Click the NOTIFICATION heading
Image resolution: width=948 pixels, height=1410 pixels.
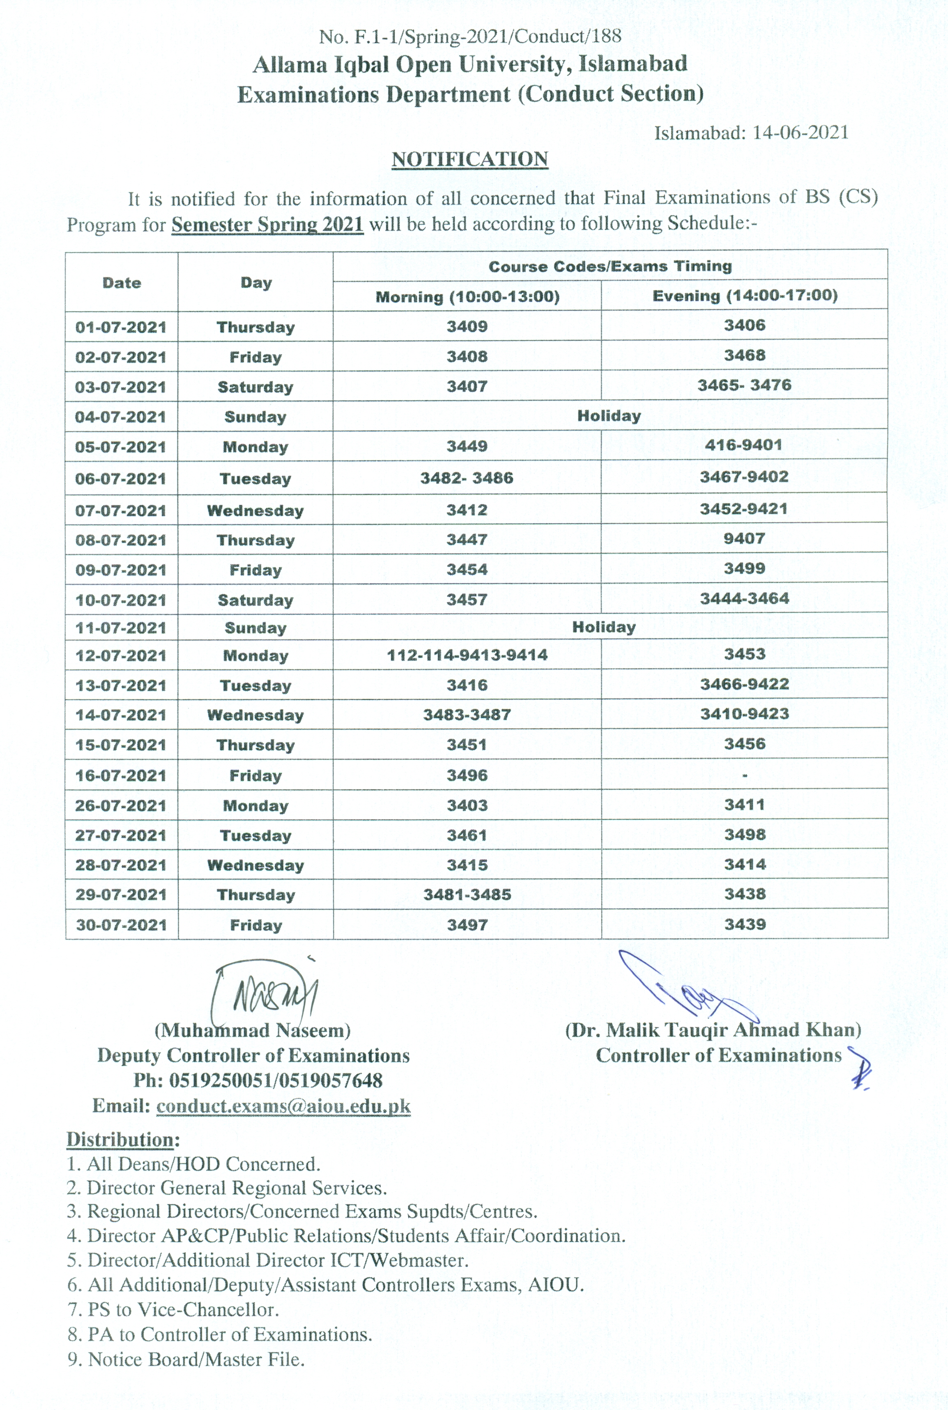(x=470, y=160)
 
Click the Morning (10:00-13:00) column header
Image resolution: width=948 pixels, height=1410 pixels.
(x=467, y=297)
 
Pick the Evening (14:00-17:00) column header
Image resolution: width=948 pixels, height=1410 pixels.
(x=745, y=296)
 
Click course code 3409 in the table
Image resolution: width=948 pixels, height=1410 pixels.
(x=467, y=326)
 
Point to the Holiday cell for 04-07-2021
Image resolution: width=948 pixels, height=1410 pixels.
(x=609, y=416)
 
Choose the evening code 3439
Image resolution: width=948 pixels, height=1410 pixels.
(x=745, y=924)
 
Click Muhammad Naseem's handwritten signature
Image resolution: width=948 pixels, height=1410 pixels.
(x=266, y=991)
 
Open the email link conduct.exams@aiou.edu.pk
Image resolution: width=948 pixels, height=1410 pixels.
(x=283, y=1106)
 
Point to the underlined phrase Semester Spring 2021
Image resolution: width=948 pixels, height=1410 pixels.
(x=267, y=224)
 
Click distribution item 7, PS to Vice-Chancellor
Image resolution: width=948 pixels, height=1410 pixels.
(x=173, y=1310)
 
